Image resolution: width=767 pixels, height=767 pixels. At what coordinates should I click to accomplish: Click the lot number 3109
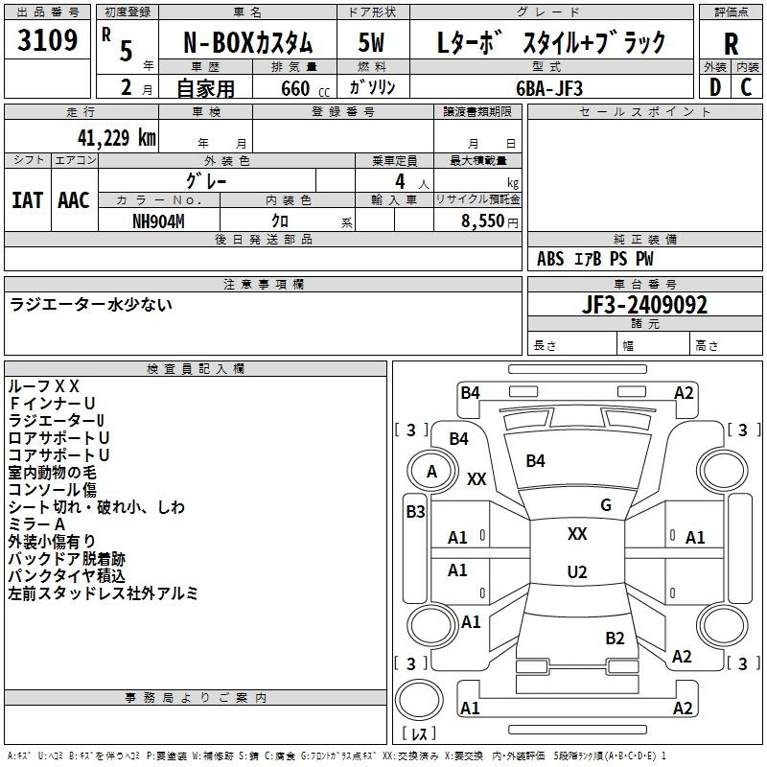[x=47, y=39]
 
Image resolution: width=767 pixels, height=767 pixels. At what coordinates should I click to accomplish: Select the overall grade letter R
[x=731, y=44]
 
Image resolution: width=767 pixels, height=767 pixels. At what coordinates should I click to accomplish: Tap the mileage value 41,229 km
[x=116, y=137]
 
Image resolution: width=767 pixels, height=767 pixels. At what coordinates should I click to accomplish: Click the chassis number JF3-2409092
[x=644, y=305]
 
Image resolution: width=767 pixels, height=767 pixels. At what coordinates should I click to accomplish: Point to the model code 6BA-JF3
[x=549, y=88]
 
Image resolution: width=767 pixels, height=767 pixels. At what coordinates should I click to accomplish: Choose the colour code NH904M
[x=158, y=221]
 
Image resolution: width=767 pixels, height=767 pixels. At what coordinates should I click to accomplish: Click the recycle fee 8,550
[x=482, y=221]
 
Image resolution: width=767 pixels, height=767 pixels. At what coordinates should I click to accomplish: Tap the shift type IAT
[x=27, y=200]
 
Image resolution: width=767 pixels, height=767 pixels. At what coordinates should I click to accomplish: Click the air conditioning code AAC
[x=74, y=200]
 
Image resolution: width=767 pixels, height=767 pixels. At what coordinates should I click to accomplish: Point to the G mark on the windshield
[x=606, y=505]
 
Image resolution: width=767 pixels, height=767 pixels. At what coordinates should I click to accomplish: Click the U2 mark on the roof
[x=577, y=571]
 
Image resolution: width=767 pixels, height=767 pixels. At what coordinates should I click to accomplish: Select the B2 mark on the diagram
[x=615, y=639]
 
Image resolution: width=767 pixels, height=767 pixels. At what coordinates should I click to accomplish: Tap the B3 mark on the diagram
[x=416, y=512]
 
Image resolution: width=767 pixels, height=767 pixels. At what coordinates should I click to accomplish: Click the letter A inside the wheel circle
[x=431, y=472]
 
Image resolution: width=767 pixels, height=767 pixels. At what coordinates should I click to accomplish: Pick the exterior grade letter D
[x=714, y=87]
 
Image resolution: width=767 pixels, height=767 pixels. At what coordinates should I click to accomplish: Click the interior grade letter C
[x=746, y=87]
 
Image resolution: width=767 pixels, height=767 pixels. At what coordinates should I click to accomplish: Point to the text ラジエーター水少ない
[x=91, y=304]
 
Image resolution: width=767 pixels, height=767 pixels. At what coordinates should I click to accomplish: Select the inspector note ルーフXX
[x=44, y=386]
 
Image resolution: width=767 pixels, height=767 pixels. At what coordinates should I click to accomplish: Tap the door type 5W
[x=371, y=42]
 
